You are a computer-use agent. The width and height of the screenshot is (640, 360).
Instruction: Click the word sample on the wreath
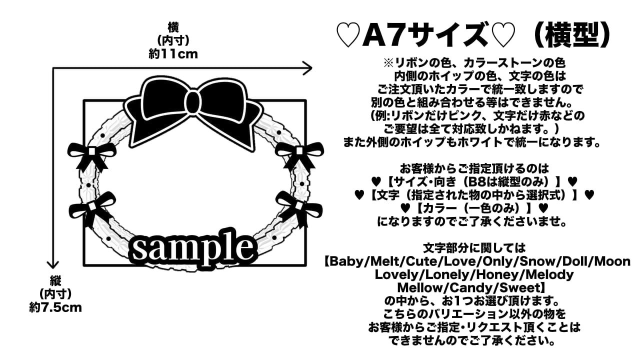[192, 248]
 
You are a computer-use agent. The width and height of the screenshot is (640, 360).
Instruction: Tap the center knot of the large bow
[192, 104]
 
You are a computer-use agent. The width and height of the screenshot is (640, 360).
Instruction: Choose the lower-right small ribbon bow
[299, 206]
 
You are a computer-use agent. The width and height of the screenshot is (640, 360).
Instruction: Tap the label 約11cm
[173, 54]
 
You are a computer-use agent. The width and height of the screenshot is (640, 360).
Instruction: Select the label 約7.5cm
[55, 307]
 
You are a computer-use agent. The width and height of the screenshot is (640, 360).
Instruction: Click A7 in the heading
[379, 35]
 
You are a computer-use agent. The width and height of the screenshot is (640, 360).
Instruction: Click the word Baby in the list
[345, 261]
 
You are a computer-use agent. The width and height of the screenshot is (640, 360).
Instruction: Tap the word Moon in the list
[613, 261]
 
